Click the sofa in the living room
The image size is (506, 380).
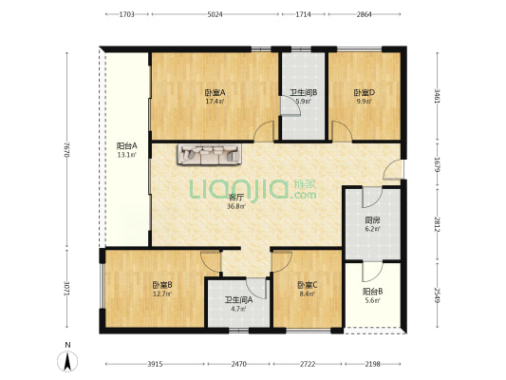tap(209, 154)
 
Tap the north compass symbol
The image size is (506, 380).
tap(67, 361)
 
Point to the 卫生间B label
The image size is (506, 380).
tap(304, 93)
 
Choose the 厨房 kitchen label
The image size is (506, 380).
tap(372, 220)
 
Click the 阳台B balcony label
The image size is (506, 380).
tap(373, 292)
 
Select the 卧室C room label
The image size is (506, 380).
tap(308, 285)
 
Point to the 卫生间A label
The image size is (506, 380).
tap(239, 300)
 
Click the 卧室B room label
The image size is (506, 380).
tap(162, 285)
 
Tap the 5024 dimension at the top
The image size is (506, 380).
tap(215, 14)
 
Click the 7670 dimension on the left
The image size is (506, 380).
tap(66, 149)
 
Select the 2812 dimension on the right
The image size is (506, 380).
tap(438, 224)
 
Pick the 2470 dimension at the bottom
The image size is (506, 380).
tap(239, 364)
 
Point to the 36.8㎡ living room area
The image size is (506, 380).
tap(236, 206)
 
